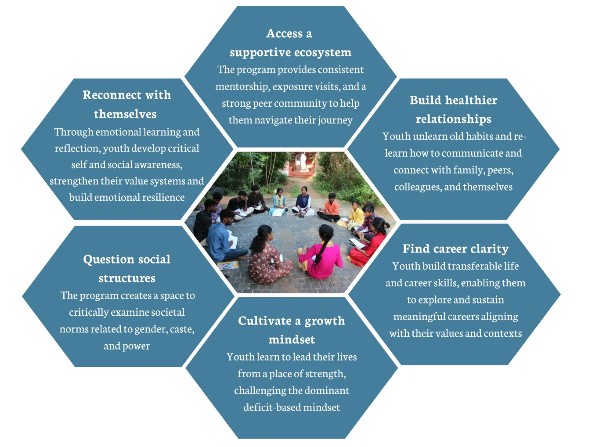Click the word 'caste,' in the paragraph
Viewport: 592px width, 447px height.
coord(182,329)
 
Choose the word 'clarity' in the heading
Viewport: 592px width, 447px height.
coord(489,249)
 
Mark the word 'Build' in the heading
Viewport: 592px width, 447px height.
coord(426,100)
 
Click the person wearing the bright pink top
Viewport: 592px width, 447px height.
coord(323,255)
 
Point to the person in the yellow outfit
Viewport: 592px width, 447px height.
coord(355,215)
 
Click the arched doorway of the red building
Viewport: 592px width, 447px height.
coord(301,163)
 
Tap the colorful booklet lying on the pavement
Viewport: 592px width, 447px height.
coord(227,265)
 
